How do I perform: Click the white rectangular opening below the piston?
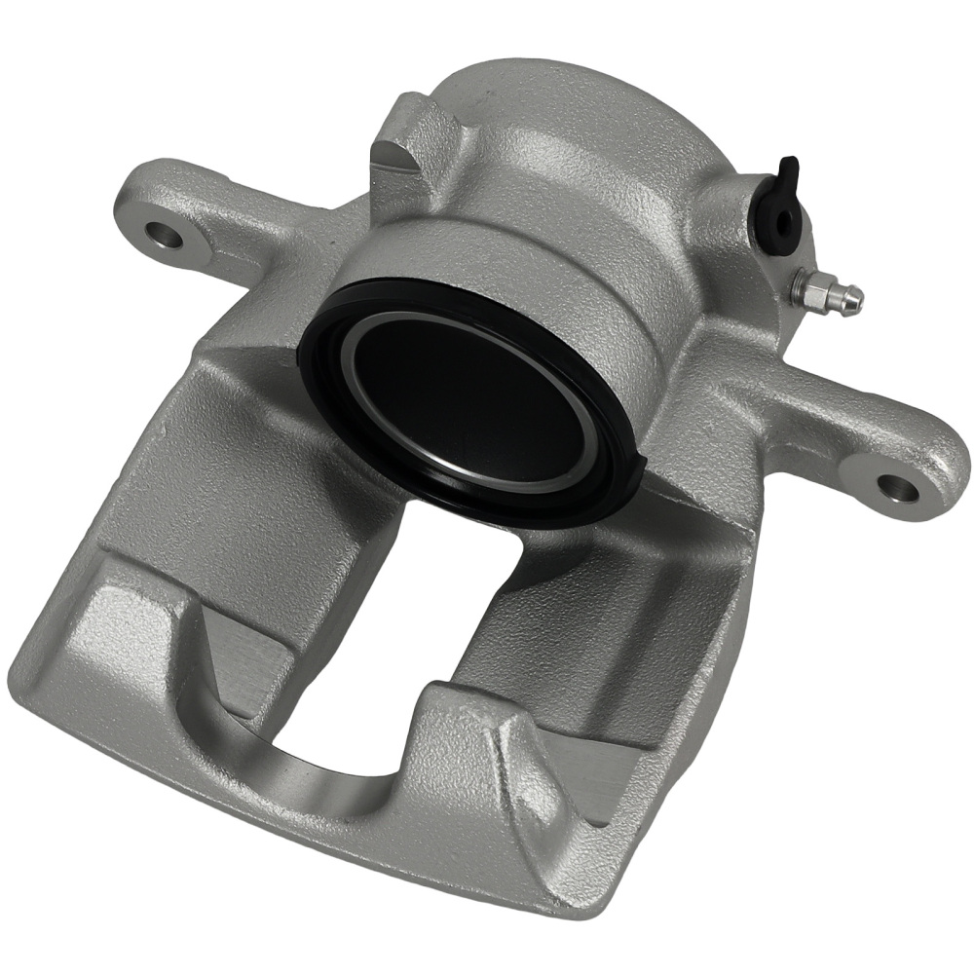click(458, 623)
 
